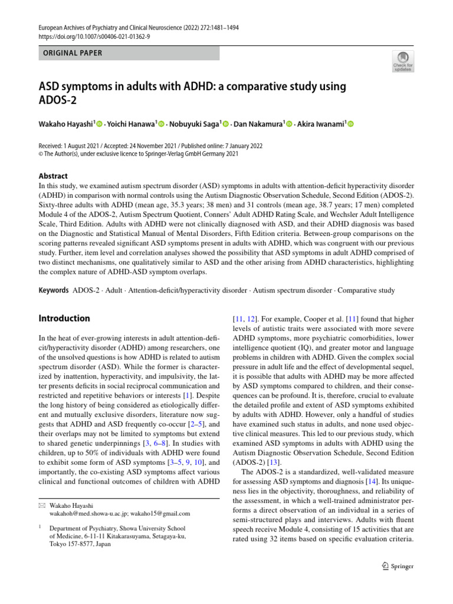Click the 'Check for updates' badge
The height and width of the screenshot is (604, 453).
[x=403, y=61]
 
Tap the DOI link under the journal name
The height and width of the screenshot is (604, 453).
[x=95, y=37]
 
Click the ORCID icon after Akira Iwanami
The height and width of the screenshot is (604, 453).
[x=351, y=124]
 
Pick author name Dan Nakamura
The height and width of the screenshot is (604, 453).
[x=257, y=124]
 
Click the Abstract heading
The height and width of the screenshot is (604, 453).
[x=52, y=176]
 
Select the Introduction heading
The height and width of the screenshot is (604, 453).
[x=64, y=319]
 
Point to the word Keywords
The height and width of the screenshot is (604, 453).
[x=53, y=291]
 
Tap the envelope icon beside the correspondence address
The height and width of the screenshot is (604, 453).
[x=41, y=505]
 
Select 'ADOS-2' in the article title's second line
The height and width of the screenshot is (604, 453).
[x=58, y=100]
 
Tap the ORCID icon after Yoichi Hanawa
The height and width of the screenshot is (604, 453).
[x=162, y=124]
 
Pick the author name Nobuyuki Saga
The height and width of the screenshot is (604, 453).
[x=194, y=124]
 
